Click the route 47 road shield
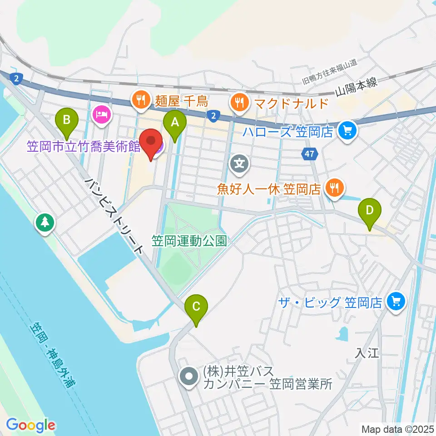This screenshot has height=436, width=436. pyautogui.click(x=309, y=154)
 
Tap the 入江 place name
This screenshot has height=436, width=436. pyautogui.click(x=367, y=353)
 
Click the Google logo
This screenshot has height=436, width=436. pyautogui.click(x=30, y=425)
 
